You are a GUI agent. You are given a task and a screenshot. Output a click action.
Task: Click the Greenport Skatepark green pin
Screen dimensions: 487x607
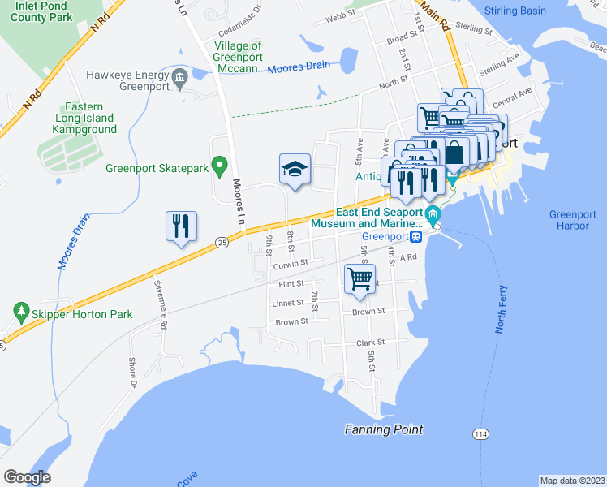[x=218, y=168]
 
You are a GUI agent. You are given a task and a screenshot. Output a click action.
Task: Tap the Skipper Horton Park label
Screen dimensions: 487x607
[x=74, y=311]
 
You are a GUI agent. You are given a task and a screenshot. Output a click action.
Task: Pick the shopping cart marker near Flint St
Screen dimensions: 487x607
[x=360, y=280]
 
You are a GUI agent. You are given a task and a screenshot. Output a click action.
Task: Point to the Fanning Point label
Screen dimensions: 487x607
[x=384, y=429]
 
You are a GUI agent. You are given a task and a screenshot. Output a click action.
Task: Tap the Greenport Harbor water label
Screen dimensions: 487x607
[x=569, y=220]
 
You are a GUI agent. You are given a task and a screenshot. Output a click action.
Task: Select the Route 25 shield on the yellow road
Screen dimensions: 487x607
[x=222, y=242]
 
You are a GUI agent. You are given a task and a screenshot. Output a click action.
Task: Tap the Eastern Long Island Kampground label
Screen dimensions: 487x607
[x=84, y=118]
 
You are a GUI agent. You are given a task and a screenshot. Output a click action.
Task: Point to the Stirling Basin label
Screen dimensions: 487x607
[x=519, y=11]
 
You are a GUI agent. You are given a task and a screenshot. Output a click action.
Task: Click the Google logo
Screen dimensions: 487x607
[x=27, y=477]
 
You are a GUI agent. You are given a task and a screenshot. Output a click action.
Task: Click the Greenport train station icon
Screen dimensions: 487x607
[x=415, y=236]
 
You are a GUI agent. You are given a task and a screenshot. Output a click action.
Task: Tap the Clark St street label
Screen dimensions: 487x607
[x=370, y=343]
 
